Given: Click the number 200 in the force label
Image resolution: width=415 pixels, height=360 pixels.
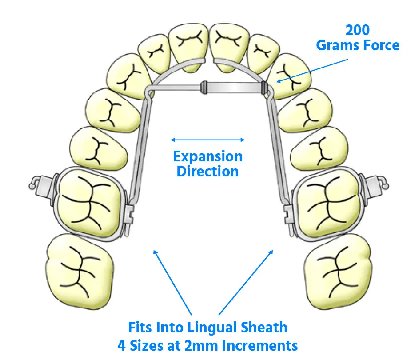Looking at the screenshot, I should point(358,30).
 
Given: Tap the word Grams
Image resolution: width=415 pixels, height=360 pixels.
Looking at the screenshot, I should point(338,45).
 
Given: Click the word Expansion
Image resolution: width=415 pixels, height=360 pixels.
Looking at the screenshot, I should point(207,156).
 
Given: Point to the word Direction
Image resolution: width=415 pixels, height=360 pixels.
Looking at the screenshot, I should point(207,171).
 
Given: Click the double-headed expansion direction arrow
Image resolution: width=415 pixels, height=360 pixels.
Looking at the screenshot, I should point(207,140).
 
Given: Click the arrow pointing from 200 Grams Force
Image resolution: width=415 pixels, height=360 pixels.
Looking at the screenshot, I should point(302,69).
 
